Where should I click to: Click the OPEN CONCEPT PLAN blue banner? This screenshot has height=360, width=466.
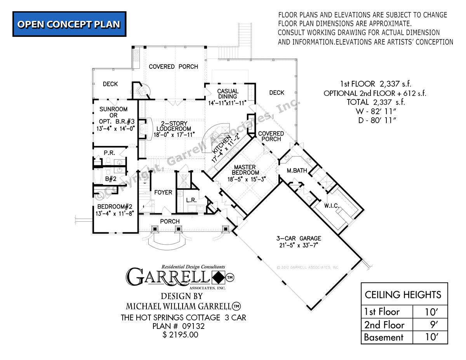[69, 24]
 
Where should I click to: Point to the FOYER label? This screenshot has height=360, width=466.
[163, 192]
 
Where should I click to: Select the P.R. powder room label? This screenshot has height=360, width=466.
[109, 153]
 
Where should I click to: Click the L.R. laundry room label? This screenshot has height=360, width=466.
[191, 201]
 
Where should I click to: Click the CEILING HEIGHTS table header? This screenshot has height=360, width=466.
[403, 295]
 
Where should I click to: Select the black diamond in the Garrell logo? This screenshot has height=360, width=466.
[218, 278]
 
